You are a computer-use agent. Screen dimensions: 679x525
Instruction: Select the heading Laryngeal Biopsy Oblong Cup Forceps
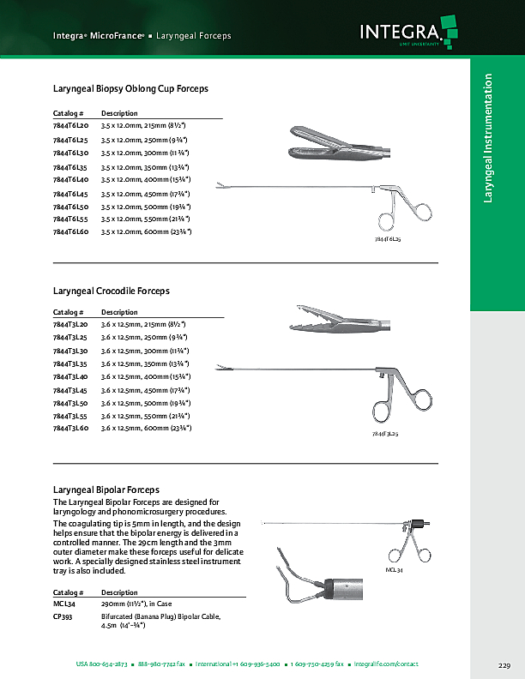pyautogui.click(x=130, y=88)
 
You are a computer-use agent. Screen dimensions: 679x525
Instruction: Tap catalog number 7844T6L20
pyautogui.click(x=70, y=126)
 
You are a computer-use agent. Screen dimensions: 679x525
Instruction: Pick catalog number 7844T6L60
pyautogui.click(x=70, y=231)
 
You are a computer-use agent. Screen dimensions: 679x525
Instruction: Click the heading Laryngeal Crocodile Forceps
pyautogui.click(x=112, y=291)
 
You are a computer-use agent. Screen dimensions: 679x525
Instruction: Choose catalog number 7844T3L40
pyautogui.click(x=70, y=376)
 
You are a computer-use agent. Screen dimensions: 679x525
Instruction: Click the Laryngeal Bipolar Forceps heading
pyautogui.click(x=106, y=490)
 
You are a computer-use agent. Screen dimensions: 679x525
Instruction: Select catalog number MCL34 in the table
pyautogui.click(x=65, y=604)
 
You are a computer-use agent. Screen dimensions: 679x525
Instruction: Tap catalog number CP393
pyautogui.click(x=64, y=616)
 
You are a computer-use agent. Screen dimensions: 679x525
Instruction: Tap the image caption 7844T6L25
pyautogui.click(x=388, y=242)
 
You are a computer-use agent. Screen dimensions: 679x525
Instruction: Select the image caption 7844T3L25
pyautogui.click(x=384, y=435)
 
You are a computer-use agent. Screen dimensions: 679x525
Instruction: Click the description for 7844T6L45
pyautogui.click(x=145, y=193)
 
